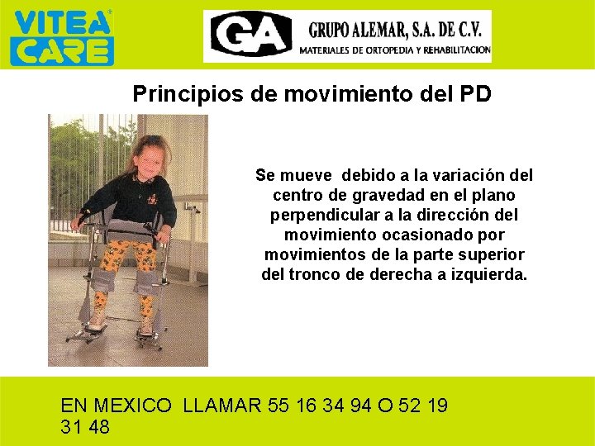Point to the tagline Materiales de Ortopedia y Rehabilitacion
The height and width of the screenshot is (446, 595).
pyautogui.click(x=394, y=50)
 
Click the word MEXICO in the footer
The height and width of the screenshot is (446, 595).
pyautogui.click(x=133, y=406)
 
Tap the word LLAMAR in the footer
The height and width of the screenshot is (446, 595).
pyautogui.click(x=222, y=406)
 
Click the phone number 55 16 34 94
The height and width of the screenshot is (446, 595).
pyautogui.click(x=321, y=406)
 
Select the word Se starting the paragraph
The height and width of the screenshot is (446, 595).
pyautogui.click(x=264, y=176)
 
